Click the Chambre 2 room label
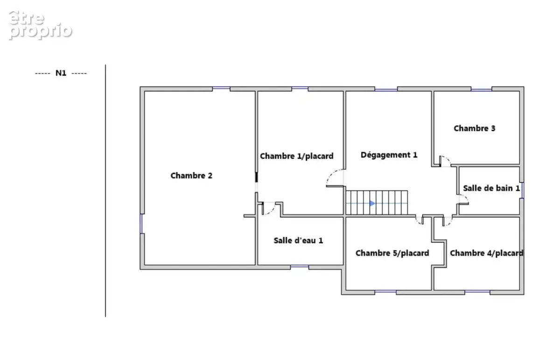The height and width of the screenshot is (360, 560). click(191, 176)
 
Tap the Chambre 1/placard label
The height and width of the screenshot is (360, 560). click(296, 156)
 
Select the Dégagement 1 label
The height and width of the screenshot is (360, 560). click(389, 155)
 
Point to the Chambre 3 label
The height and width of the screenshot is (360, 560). click(474, 128)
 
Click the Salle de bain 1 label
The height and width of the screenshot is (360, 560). click(491, 188)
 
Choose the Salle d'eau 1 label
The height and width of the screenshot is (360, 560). click(298, 240)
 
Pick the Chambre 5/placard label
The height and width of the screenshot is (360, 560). click(392, 253)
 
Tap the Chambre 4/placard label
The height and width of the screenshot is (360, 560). click(486, 253)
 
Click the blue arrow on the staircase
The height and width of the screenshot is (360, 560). click(372, 204)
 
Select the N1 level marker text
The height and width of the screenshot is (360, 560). click(61, 73)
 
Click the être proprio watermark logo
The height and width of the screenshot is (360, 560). click(40, 25)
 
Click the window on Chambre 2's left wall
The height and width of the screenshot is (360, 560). click(141, 224)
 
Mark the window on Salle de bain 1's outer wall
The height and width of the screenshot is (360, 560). click(522, 190)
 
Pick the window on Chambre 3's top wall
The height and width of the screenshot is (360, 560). click(481, 89)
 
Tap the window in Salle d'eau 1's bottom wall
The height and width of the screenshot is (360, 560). click(300, 267)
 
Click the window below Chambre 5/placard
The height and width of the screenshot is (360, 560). click(385, 292)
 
